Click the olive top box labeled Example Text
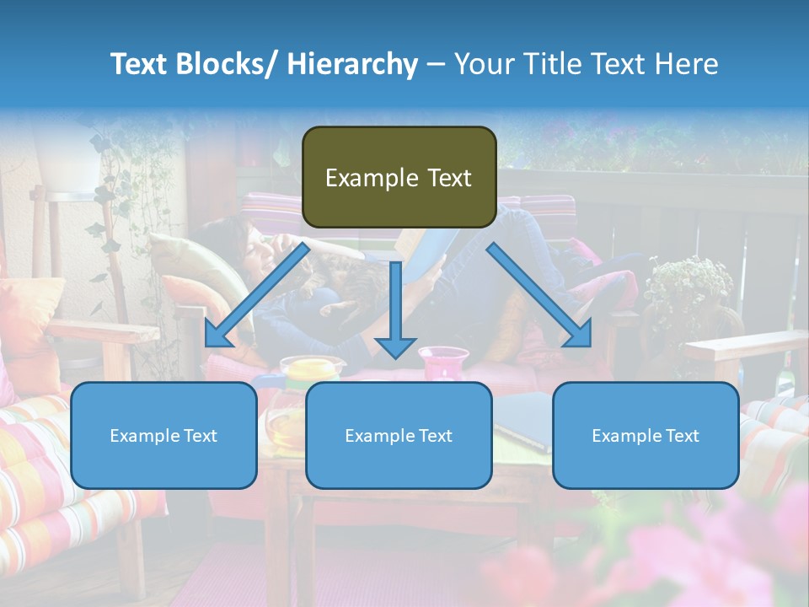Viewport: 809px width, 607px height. click(x=399, y=177)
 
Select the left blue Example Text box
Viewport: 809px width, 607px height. click(x=163, y=435)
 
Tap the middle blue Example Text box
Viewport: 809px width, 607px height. click(x=399, y=435)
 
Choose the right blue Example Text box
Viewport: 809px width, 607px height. click(x=646, y=435)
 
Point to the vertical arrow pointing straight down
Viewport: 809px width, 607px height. click(x=395, y=309)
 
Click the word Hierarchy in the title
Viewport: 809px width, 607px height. click(x=352, y=64)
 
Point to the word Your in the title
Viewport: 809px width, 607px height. click(x=484, y=64)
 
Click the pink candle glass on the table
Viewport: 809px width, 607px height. click(x=443, y=364)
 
